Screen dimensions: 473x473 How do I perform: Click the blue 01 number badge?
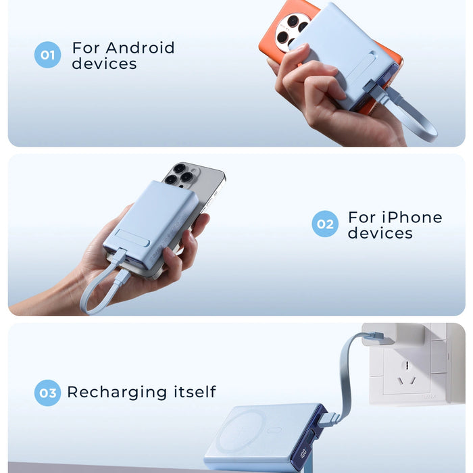pyautogui.click(x=47, y=55)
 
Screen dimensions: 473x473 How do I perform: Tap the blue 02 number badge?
pyautogui.click(x=325, y=224)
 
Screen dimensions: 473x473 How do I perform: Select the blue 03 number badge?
pyautogui.click(x=47, y=393)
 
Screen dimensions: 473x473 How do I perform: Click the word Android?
pyautogui.click(x=140, y=48)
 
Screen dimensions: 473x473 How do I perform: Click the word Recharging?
pyautogui.click(x=117, y=392)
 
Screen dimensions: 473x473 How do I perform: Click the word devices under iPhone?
pyautogui.click(x=380, y=233)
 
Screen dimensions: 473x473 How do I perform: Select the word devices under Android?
pyautogui.click(x=104, y=64)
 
